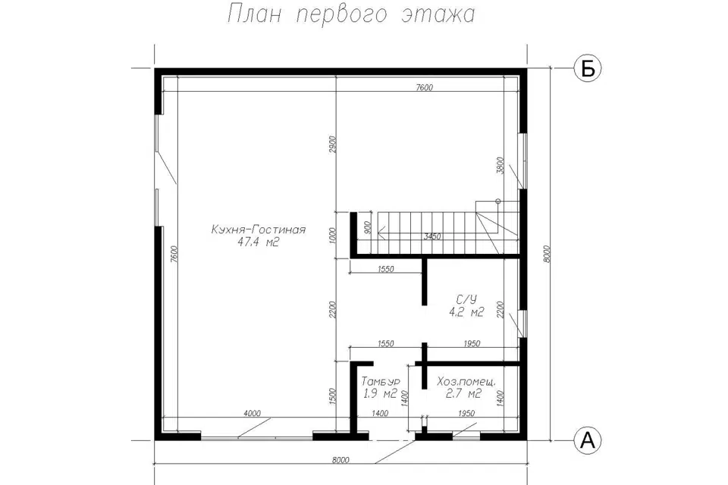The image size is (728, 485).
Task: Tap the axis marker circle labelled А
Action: coord(586,439)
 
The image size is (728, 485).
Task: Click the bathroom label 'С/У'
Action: coord(466,299)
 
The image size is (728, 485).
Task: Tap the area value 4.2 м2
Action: coord(466,312)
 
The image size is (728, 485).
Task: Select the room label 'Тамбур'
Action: coord(381,381)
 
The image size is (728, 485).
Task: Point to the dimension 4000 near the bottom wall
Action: coord(253,413)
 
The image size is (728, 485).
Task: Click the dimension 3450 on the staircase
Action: coord(432,236)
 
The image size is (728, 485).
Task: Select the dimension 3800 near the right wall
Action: coord(499,167)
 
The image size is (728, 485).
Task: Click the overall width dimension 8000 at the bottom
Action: coord(340,459)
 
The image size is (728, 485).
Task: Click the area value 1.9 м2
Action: coord(381,394)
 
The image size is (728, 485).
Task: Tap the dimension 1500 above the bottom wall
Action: coord(332,396)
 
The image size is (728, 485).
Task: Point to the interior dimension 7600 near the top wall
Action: coord(424,87)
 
